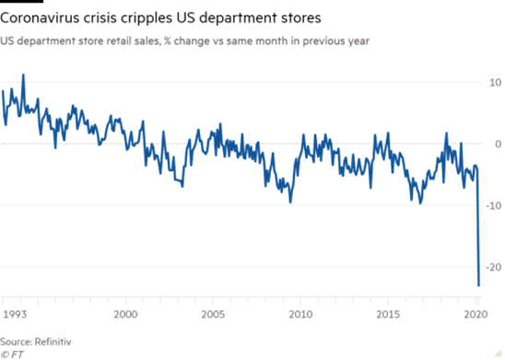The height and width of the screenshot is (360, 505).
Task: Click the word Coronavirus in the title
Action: click(x=40, y=17)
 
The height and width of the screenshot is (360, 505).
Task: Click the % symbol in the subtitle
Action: click(x=167, y=41)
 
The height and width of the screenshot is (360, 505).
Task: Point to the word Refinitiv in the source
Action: click(x=53, y=342)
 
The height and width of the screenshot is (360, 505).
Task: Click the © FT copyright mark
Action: click(x=12, y=354)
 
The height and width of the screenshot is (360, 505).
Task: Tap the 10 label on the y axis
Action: click(x=496, y=83)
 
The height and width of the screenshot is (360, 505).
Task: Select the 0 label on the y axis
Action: click(x=498, y=144)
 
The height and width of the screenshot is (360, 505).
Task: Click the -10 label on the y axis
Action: click(x=493, y=205)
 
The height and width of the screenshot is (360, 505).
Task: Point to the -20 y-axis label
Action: click(x=493, y=267)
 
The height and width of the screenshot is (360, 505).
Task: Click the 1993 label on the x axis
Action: click(x=15, y=314)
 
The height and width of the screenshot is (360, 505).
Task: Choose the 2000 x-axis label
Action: click(x=125, y=314)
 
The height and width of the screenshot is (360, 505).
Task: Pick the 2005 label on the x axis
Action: click(x=213, y=314)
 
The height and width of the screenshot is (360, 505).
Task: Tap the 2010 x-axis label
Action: click(x=300, y=314)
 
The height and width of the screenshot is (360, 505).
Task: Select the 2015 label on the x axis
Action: click(x=388, y=314)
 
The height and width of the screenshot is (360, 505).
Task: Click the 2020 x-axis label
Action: click(x=476, y=314)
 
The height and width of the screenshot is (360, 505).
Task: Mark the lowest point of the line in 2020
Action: click(x=478, y=285)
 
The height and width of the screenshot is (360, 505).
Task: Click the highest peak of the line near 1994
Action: click(x=23, y=75)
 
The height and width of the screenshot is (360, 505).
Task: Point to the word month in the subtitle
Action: click(x=272, y=41)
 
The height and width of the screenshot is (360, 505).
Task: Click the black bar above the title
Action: click(x=21, y=1)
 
